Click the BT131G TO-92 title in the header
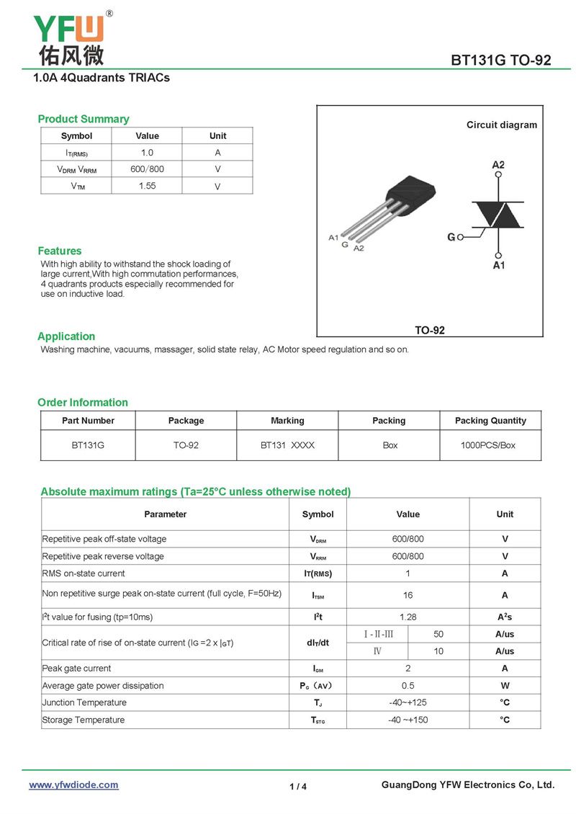point(500,61)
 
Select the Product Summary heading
point(84,119)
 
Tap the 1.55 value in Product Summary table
point(147,186)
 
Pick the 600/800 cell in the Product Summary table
point(147,169)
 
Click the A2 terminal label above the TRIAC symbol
point(498,165)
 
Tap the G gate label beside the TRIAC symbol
point(451,237)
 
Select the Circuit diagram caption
point(501,125)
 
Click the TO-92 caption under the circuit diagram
point(430,330)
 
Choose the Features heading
point(60,251)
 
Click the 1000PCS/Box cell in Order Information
point(488,445)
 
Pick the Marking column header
point(287,421)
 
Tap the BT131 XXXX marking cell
point(287,445)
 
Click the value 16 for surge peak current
point(408,596)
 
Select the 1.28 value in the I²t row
point(408,617)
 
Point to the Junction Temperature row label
point(84,702)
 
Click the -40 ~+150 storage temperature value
point(408,720)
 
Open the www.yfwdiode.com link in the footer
point(73,785)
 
